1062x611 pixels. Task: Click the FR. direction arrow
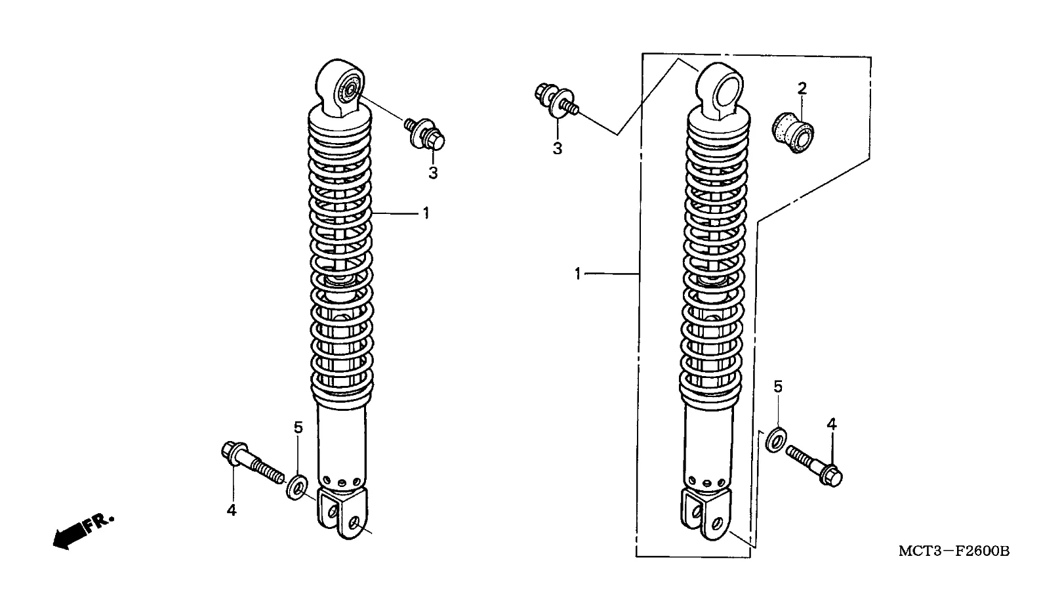83,532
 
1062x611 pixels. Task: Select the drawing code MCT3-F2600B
954,552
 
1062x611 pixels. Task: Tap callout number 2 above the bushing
802,88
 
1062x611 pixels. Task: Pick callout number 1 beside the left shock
426,213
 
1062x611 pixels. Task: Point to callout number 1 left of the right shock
577,274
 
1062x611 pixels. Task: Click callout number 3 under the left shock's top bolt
433,173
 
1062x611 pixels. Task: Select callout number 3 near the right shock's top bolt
557,148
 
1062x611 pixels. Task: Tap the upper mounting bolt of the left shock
425,134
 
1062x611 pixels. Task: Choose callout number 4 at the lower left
232,511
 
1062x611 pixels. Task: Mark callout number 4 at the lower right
832,424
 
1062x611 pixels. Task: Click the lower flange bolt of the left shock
254,463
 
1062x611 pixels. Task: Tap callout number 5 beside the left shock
298,427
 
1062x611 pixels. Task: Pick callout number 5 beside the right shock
778,387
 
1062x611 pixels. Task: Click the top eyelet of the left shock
340,87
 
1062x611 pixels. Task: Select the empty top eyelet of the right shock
719,90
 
